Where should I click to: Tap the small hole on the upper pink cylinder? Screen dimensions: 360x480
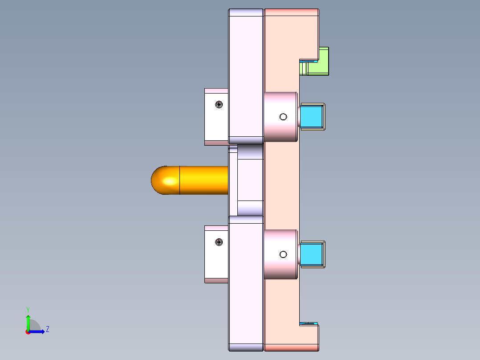[283, 117]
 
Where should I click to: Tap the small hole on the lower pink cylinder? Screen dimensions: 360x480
[283, 254]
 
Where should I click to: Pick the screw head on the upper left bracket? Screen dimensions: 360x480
[219, 105]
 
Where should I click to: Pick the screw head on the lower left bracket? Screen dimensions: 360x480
[219, 242]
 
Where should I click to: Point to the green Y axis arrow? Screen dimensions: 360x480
[28, 322]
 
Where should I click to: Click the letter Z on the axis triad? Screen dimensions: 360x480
[47, 329]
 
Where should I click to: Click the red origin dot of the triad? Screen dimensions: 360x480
[28, 332]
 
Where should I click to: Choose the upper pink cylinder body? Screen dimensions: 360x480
[281, 107]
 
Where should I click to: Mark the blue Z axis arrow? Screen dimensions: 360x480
[38, 331]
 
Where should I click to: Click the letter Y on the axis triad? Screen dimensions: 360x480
[28, 309]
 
